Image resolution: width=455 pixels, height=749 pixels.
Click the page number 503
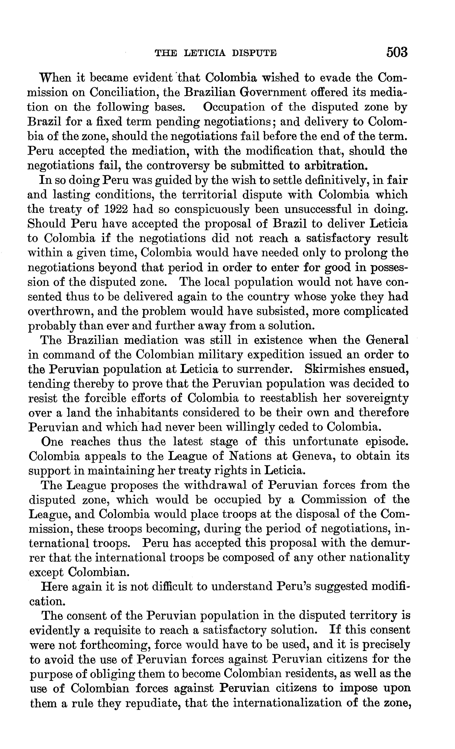397,52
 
